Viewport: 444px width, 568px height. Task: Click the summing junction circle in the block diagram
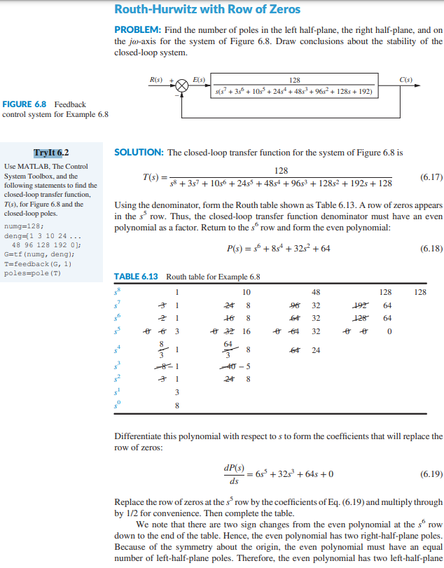(182, 85)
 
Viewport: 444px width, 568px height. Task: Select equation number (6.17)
(429, 177)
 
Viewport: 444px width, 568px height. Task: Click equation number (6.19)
(429, 473)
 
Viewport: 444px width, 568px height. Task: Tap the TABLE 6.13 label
(137, 277)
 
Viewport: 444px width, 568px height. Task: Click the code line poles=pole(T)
(32, 273)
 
